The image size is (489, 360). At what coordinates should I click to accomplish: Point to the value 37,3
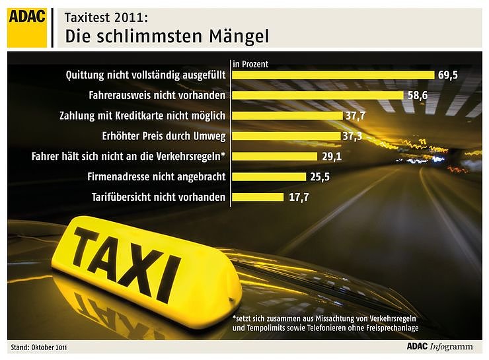pyautogui.click(x=351, y=137)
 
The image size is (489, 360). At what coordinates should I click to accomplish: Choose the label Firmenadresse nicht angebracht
pyautogui.click(x=157, y=176)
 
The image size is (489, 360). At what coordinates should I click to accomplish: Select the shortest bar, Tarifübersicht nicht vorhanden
pyautogui.click(x=258, y=197)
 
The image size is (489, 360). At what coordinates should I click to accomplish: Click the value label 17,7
pyautogui.click(x=298, y=197)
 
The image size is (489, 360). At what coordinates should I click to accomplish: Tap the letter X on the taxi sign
pyautogui.click(x=144, y=261)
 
